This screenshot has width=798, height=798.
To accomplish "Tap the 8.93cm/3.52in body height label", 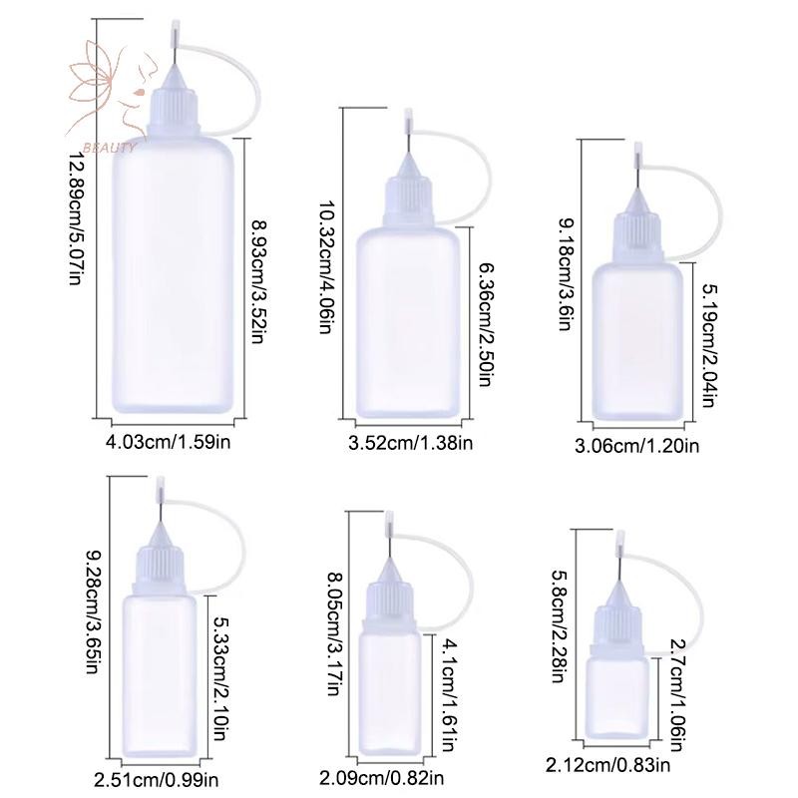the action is tap(260, 281).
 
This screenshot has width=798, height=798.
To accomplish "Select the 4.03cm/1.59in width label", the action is tap(168, 441).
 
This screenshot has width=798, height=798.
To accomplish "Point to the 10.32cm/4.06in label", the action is tap(326, 266).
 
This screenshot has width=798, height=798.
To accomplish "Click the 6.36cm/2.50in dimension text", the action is tap(486, 325).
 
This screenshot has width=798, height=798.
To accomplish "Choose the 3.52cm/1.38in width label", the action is tap(410, 443).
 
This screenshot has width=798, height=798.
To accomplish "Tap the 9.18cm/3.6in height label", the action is tap(567, 275).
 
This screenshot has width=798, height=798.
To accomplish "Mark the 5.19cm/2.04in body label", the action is tap(710, 345).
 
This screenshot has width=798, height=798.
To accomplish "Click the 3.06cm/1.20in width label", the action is tap(636, 446).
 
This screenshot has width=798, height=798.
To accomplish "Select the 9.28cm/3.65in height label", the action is tap(92, 612).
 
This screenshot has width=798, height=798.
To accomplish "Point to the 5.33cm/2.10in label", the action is tap(219, 678).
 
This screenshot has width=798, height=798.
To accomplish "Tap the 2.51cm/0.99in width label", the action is tap(157, 780).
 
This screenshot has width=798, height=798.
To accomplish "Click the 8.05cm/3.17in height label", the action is tap(334, 634).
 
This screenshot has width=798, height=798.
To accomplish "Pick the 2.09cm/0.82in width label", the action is tap(382, 778).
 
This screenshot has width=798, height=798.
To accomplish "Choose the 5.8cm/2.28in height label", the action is tap(559, 626).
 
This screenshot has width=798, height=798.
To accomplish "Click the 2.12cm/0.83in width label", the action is tap(607, 765).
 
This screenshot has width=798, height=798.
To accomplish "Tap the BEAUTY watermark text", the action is tap(110, 148).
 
